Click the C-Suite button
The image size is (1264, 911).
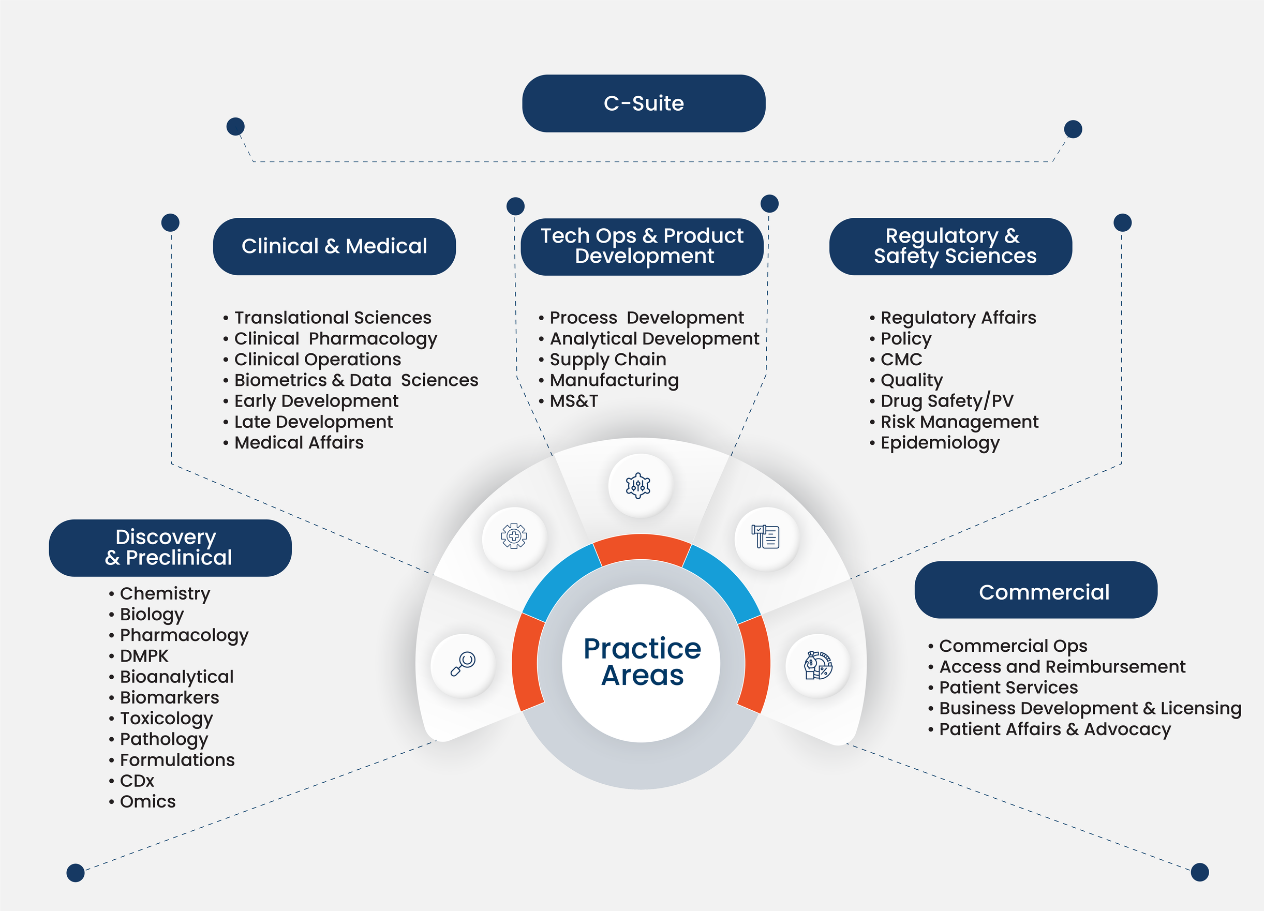click(x=644, y=103)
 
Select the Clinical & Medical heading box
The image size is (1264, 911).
click(x=334, y=246)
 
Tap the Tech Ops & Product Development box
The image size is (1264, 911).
click(x=642, y=246)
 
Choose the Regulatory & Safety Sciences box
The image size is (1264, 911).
click(x=951, y=246)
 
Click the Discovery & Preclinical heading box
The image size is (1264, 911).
click(x=170, y=548)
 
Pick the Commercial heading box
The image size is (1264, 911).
click(x=1035, y=590)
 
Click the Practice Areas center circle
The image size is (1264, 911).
click(x=642, y=663)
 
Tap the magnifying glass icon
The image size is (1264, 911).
click(x=463, y=664)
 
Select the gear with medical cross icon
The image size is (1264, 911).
click(x=514, y=536)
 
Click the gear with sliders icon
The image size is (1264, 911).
click(x=638, y=485)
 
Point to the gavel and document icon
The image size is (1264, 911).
click(x=766, y=537)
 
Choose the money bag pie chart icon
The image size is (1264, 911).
click(x=817, y=665)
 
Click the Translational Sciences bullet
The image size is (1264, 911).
click(x=333, y=318)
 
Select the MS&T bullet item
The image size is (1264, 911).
click(x=573, y=401)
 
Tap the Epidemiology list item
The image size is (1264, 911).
click(x=940, y=443)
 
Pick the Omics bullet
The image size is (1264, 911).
click(x=147, y=802)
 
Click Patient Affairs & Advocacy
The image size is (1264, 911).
click(x=1054, y=729)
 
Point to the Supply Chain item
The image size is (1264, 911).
click(x=607, y=360)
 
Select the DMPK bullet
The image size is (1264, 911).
click(x=144, y=656)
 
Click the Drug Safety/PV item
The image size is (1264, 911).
click(x=946, y=401)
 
